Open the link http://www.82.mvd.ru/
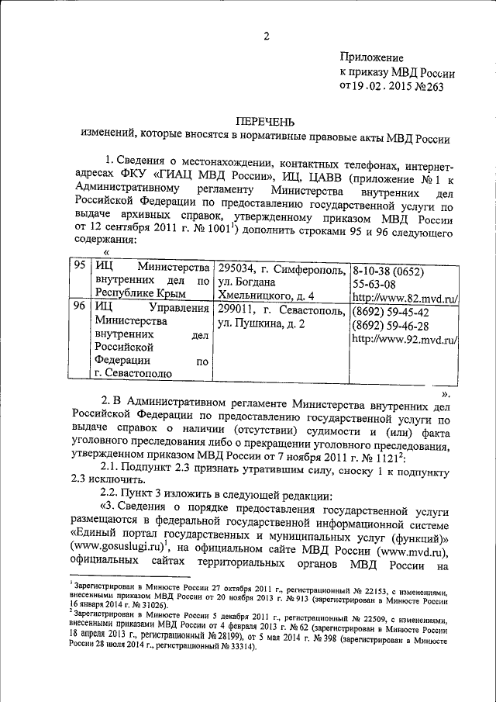(403, 296)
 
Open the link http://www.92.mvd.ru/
(403, 339)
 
